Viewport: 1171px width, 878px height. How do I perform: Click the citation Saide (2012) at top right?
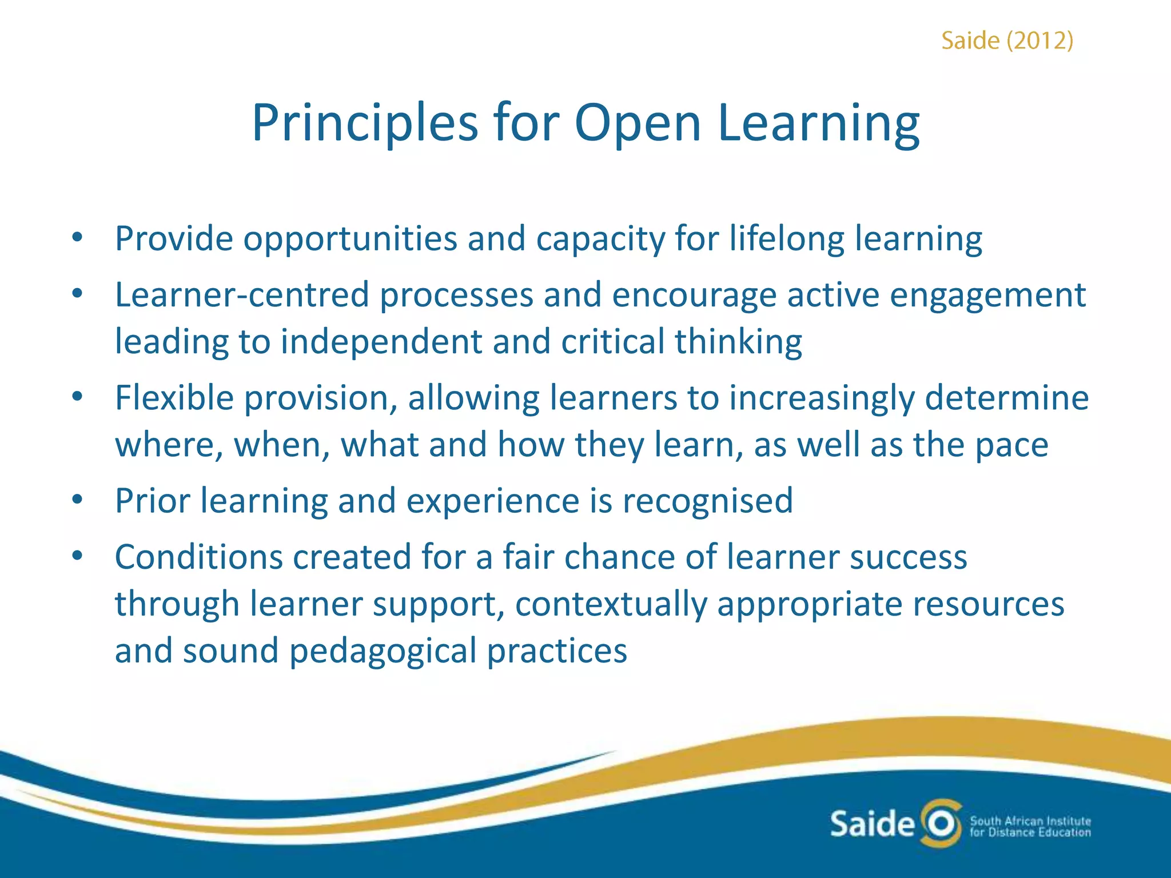[1007, 41]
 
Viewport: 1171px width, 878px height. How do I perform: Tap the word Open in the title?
[637, 122]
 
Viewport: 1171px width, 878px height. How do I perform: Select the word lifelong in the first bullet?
[786, 238]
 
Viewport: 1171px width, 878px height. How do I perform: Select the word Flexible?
[174, 397]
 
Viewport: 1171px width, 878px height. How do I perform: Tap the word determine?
[1006, 397]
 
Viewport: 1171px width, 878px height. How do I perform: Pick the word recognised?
[707, 501]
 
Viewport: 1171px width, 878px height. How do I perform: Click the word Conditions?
[198, 557]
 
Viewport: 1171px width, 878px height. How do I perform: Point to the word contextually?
[611, 604]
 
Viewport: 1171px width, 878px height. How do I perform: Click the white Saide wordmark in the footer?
[872, 824]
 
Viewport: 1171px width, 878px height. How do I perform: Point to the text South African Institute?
[1030, 820]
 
